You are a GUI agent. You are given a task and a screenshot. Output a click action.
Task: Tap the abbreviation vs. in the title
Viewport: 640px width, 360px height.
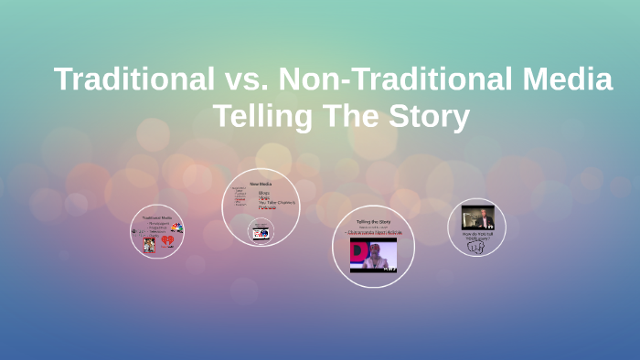[245, 80]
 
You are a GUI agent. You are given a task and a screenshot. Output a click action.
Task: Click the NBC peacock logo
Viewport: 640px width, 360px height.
[176, 228]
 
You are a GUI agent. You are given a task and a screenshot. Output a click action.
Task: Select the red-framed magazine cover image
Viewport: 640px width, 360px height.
[149, 244]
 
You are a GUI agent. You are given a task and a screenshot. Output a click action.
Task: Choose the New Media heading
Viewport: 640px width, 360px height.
[261, 184]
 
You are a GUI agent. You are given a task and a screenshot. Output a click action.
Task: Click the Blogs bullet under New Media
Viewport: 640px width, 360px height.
[264, 193]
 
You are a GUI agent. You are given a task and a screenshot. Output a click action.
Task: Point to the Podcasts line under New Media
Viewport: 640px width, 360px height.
[267, 207]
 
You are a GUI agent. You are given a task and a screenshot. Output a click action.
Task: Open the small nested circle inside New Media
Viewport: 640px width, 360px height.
[261, 233]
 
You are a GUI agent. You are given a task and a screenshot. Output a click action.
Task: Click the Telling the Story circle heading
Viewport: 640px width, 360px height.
[374, 222]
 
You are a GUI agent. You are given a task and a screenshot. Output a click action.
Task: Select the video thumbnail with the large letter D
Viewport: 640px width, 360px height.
[373, 254]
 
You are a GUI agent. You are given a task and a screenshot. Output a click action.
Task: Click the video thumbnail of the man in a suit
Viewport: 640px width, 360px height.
[477, 217]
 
